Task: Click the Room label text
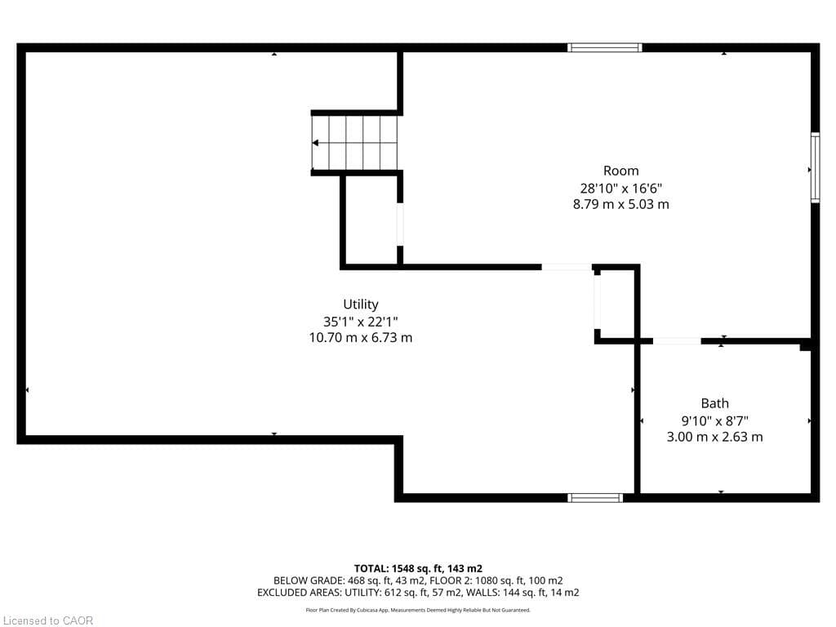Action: (620, 171)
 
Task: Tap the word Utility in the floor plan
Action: (360, 305)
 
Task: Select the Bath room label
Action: (714, 403)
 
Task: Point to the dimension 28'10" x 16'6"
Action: (620, 188)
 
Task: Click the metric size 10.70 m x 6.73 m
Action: (360, 337)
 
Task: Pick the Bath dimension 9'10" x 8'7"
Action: (714, 420)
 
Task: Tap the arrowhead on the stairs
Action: (315, 143)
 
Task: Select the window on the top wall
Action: (604, 48)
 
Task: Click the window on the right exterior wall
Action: (814, 168)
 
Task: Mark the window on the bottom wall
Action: (595, 497)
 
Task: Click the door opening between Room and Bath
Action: (677, 340)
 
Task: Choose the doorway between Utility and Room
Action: (567, 267)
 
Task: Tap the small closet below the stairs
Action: (371, 220)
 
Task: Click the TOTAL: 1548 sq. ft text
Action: (417, 568)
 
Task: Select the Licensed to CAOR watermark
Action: (48, 620)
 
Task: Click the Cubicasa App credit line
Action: (417, 610)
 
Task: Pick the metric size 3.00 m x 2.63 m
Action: (714, 437)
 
